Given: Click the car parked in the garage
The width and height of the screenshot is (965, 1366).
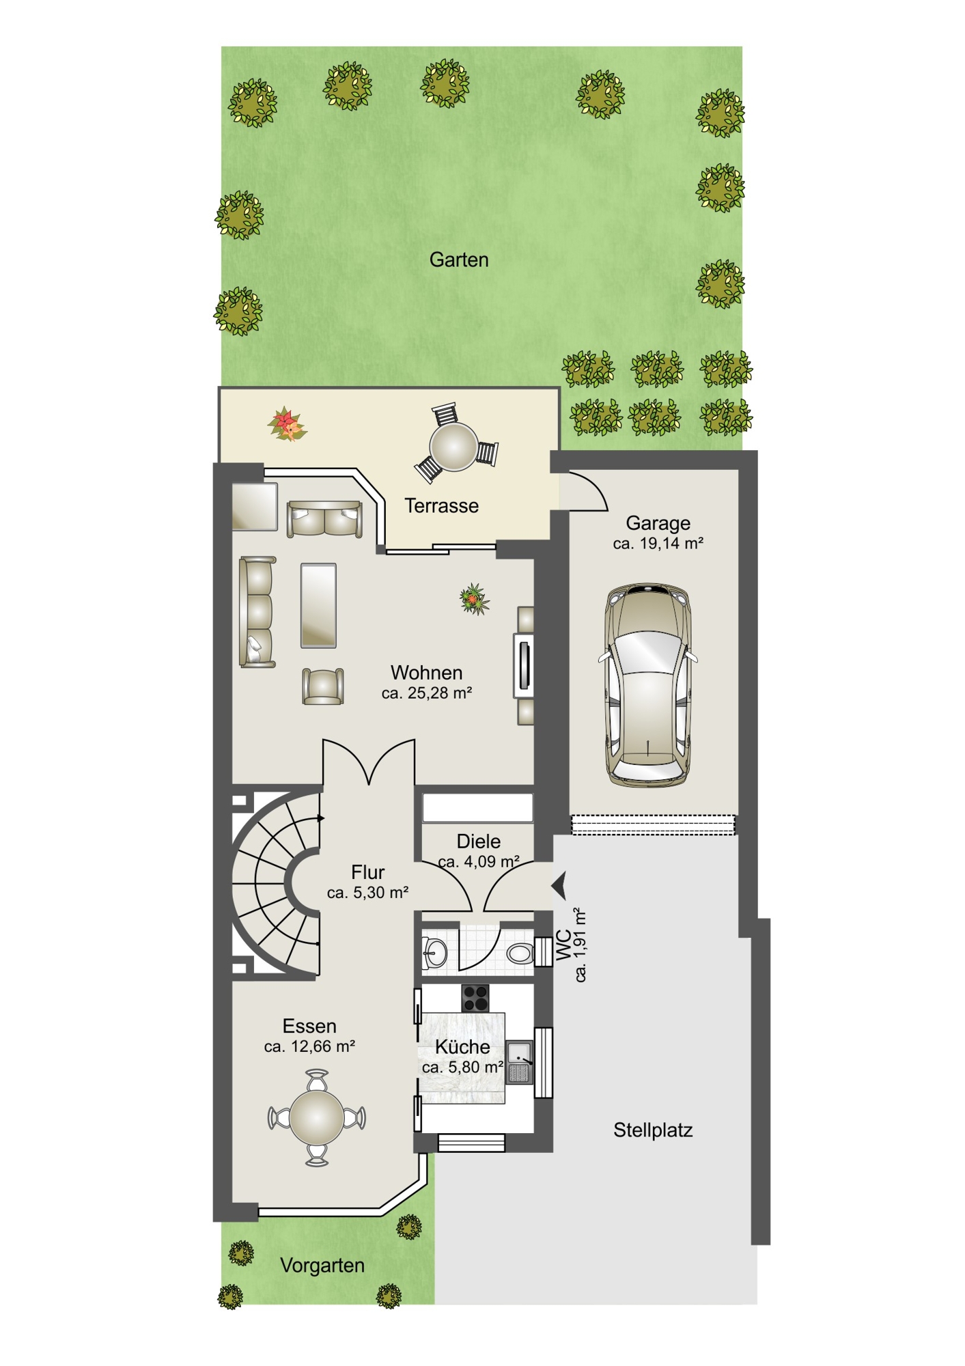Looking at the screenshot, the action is [647, 686].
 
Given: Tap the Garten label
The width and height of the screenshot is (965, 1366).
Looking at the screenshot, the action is [459, 260].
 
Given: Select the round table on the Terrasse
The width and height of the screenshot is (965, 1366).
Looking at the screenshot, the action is [453, 447].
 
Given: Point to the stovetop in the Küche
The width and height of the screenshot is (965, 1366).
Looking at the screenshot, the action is [475, 998].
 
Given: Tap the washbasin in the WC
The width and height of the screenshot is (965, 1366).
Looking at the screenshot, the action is [434, 951].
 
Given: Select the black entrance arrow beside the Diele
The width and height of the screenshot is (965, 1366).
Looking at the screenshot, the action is [559, 886].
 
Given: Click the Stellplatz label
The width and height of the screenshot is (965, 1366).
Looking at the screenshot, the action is [653, 1130].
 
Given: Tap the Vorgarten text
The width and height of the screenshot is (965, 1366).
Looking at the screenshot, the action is [322, 1266].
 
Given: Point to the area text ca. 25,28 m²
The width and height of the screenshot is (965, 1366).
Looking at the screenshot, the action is [427, 693].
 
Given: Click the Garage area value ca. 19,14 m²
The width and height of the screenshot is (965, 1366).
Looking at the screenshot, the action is [658, 544].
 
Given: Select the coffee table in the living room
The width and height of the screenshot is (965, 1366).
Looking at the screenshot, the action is [318, 605].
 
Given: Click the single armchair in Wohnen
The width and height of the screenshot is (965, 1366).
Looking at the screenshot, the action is [322, 686].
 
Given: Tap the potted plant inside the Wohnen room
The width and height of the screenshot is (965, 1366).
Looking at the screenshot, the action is [474, 599].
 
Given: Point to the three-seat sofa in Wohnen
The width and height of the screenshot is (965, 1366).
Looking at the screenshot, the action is [257, 612].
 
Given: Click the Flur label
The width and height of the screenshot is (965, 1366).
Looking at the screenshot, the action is [368, 872].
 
